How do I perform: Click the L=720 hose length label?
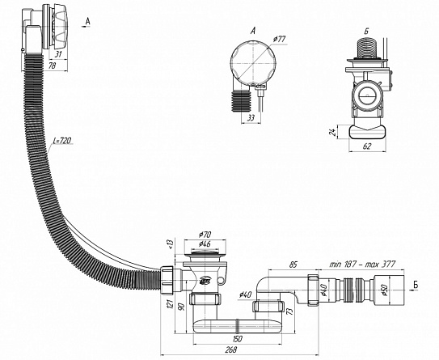pyautogui.click(x=62, y=140)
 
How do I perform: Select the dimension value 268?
pyautogui.click(x=230, y=349)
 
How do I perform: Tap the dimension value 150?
pyautogui.click(x=237, y=339)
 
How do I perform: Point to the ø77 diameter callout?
pyautogui.click(x=280, y=39)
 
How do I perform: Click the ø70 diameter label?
pyautogui.click(x=206, y=235)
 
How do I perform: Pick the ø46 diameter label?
pyautogui.click(x=205, y=244)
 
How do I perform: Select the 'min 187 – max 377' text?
pyautogui.click(x=362, y=264)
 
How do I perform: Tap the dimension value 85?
pyautogui.click(x=293, y=265)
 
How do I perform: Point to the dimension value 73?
pyautogui.click(x=290, y=311)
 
